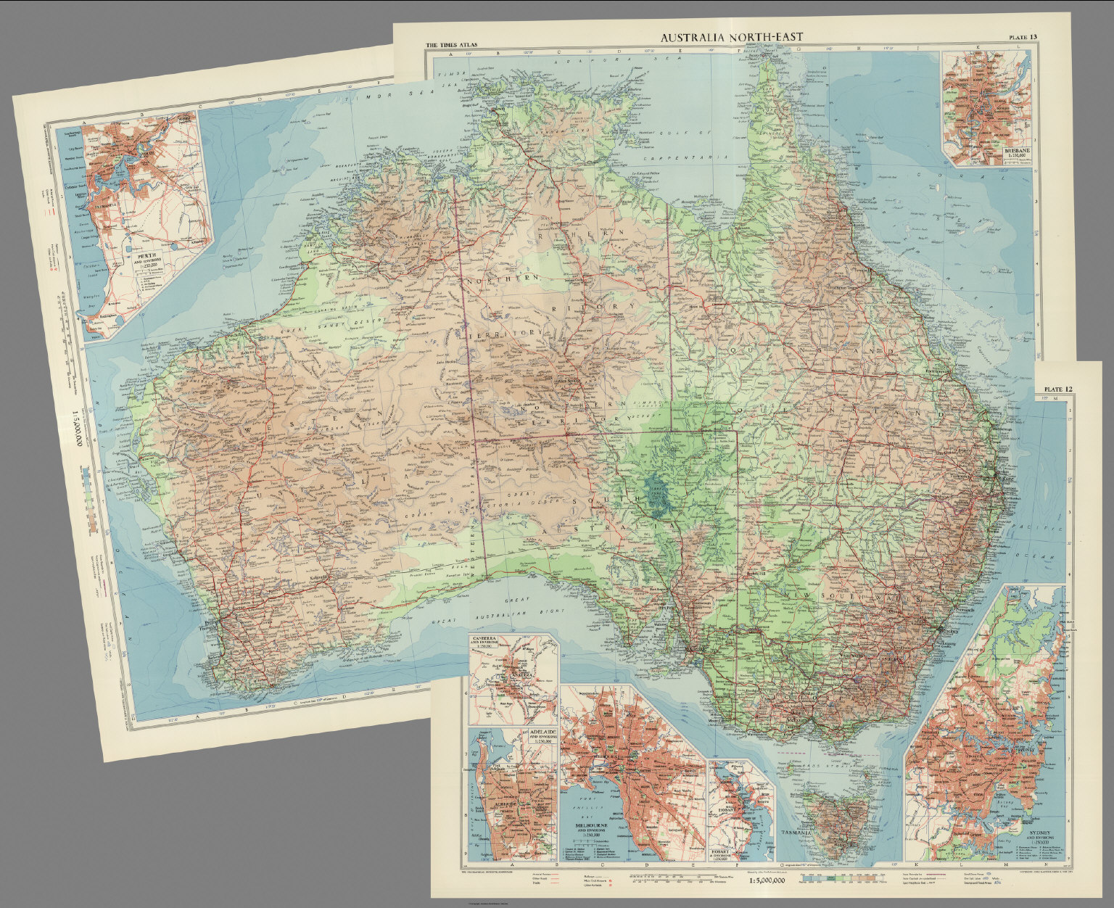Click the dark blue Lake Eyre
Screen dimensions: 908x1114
656,485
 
